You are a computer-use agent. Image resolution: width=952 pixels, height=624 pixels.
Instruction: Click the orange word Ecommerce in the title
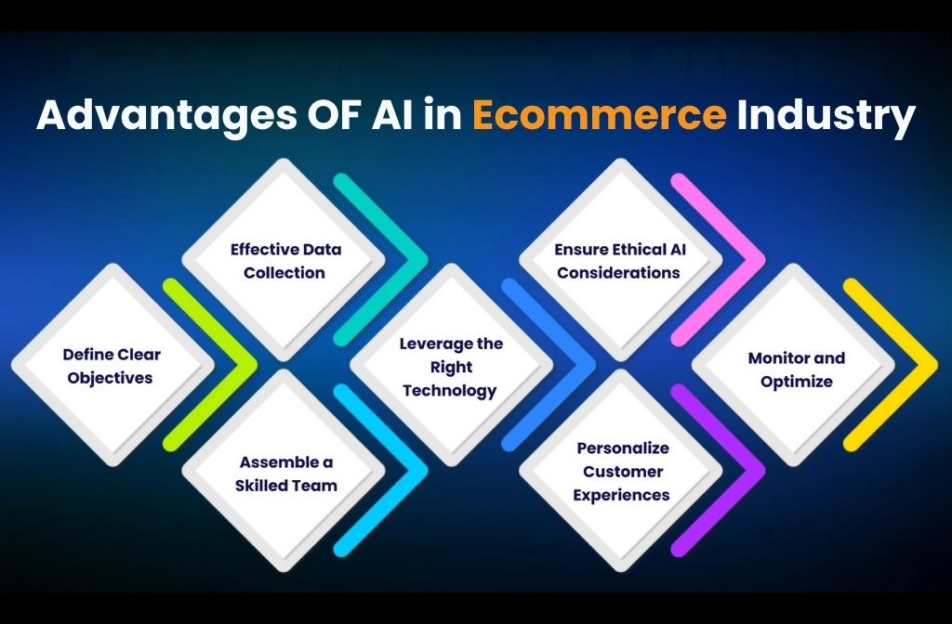coord(599,117)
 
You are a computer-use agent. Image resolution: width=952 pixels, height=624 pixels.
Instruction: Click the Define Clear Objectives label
coord(112,366)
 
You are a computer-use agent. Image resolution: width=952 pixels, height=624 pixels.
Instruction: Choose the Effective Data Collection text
coord(285,261)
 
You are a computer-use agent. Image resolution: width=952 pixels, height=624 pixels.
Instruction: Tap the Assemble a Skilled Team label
coord(285,474)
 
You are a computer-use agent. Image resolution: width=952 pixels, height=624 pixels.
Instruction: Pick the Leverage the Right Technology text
coord(451,367)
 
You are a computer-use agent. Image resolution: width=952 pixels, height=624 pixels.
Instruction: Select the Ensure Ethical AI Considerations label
coord(618,261)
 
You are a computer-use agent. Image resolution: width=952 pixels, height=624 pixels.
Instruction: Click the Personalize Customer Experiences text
coord(621,472)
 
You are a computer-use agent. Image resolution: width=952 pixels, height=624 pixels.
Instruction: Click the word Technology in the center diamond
coord(451,391)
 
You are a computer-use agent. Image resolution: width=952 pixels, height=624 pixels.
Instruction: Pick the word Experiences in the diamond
coord(621,496)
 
